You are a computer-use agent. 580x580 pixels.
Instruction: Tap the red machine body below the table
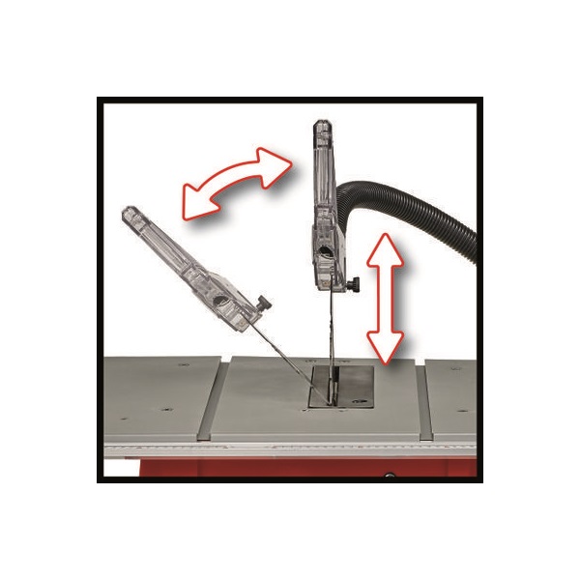point(290,468)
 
